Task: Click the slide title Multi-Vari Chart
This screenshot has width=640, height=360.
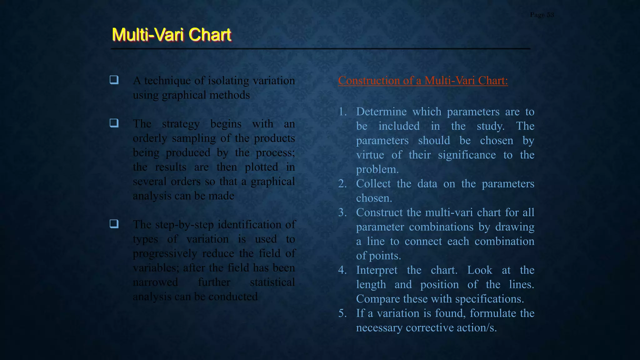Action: point(172,34)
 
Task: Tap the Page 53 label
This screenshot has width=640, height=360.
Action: point(542,15)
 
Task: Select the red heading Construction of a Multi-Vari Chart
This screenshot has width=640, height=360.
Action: point(423,81)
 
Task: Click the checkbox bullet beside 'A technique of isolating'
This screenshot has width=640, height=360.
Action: point(114,80)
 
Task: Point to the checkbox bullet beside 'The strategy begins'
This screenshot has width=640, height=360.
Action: point(114,123)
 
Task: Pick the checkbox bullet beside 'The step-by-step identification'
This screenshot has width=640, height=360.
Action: point(114,224)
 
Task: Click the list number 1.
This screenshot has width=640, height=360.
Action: point(342,112)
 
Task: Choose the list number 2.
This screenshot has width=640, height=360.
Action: point(342,184)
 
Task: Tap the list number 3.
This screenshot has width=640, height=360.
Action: point(342,212)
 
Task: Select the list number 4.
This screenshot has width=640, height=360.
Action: point(342,270)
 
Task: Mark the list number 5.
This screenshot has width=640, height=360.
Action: point(342,313)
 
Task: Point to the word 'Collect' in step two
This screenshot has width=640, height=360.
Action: point(373,184)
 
